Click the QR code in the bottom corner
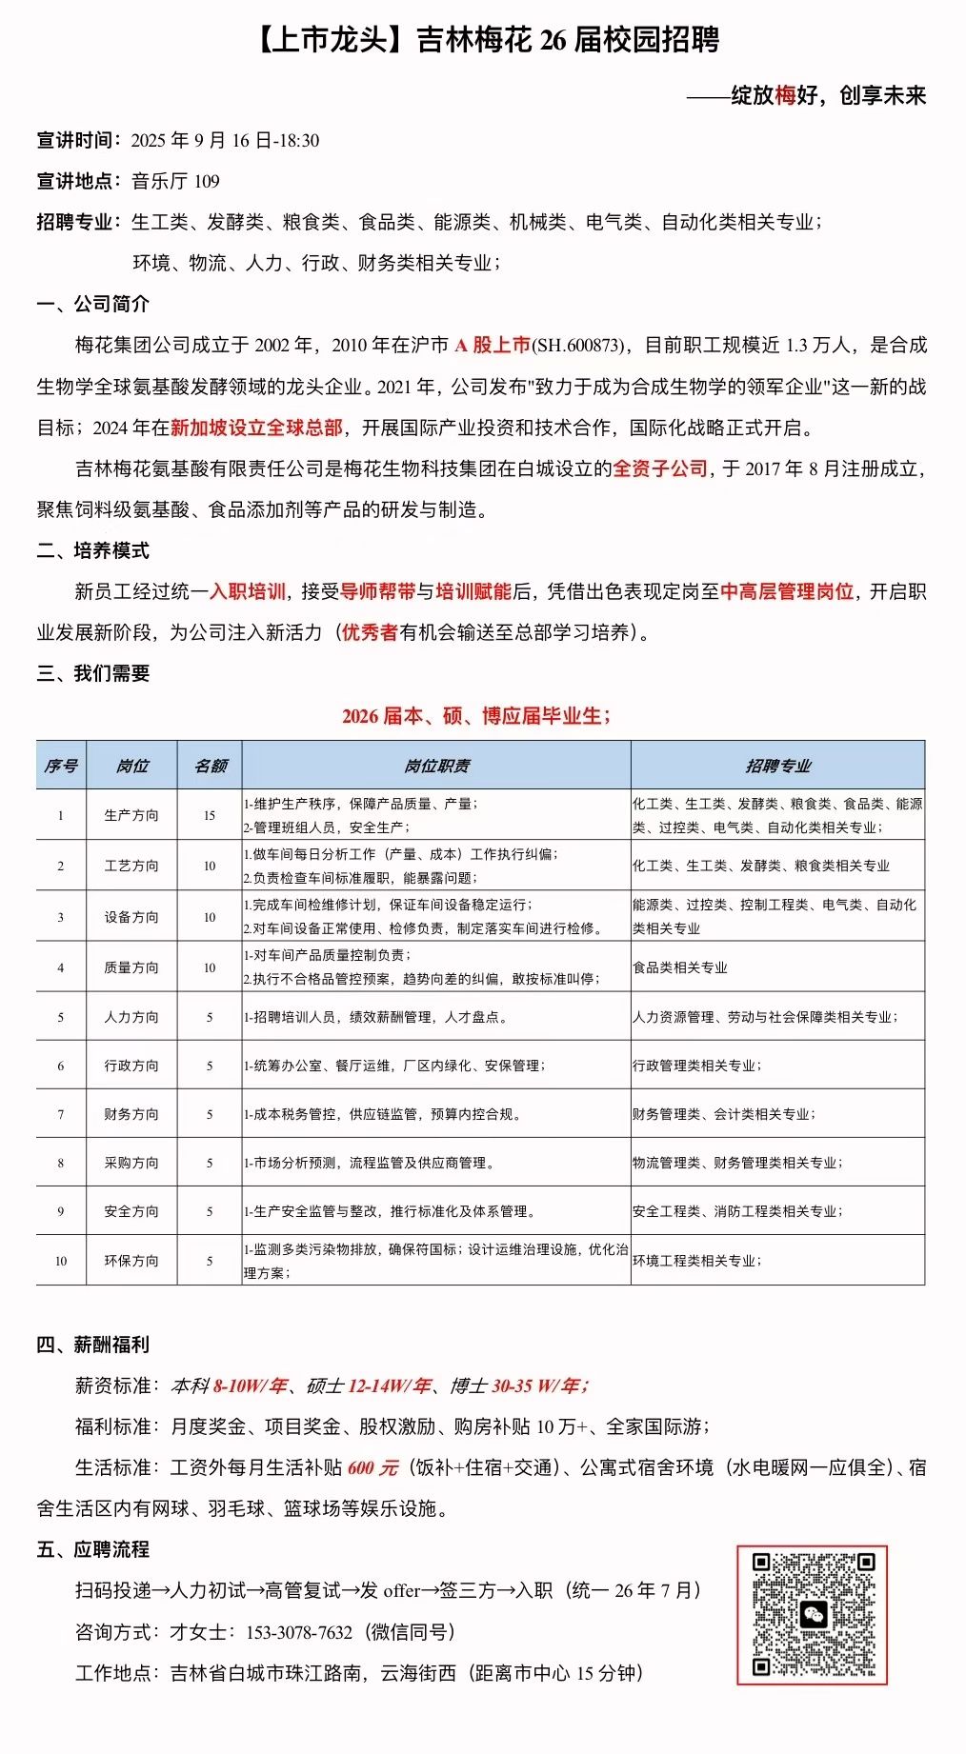click(812, 1614)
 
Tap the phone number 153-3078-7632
click(298, 1632)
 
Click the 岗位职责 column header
click(436, 766)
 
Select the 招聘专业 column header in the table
click(777, 766)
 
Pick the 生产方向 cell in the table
click(131, 815)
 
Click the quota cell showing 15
click(210, 815)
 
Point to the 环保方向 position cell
click(131, 1261)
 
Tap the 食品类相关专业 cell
click(680, 967)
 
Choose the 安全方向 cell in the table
click(131, 1211)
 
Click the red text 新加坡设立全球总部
click(256, 428)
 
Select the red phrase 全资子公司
click(659, 468)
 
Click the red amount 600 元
click(372, 1467)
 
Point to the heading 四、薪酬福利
click(93, 1345)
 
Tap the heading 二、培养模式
click(93, 550)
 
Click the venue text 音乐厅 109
click(175, 181)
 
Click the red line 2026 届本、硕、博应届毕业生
click(476, 715)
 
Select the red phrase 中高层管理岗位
click(786, 591)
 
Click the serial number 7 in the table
click(61, 1114)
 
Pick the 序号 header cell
click(61, 766)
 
